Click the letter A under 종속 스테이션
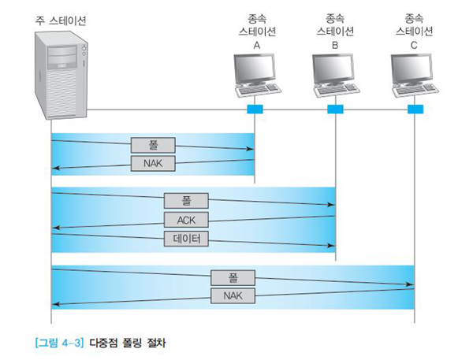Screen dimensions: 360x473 tap(256, 46)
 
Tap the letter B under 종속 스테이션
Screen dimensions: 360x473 tap(335, 46)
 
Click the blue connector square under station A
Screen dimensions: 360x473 tap(255, 109)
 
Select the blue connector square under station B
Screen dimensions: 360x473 tap(335, 109)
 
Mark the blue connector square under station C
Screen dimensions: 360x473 tap(415, 109)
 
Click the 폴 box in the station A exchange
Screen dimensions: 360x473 tap(154, 147)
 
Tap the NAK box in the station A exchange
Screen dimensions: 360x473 tap(154, 163)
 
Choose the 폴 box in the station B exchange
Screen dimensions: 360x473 tap(186, 200)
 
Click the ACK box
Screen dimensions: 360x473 tap(186, 219)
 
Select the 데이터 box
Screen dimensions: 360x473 tap(186, 238)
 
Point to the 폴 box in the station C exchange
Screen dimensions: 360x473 tap(233, 278)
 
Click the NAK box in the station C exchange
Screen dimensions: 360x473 tap(233, 296)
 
